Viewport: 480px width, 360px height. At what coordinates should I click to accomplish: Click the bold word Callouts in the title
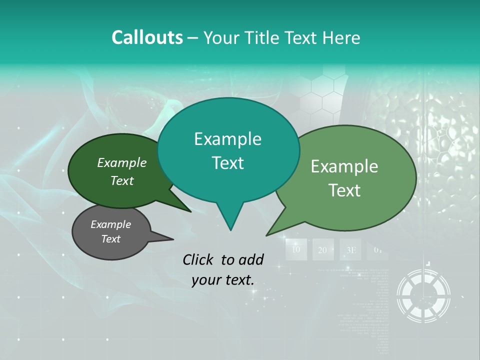pyautogui.click(x=147, y=37)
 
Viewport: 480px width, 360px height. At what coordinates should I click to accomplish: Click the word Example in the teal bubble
pyautogui.click(x=227, y=139)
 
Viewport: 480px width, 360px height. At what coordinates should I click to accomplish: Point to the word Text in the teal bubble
pyautogui.click(x=227, y=163)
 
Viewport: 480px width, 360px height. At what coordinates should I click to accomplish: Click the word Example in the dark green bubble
pyautogui.click(x=122, y=162)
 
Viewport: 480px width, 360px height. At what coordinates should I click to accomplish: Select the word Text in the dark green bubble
pyautogui.click(x=122, y=180)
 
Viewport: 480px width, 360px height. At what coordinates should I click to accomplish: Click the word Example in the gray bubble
pyautogui.click(x=111, y=224)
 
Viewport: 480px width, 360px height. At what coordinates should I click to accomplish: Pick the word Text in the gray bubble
pyautogui.click(x=111, y=239)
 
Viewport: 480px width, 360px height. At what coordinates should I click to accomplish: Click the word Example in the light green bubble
pyautogui.click(x=344, y=166)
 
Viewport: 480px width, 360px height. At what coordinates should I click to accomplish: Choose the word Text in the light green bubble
pyautogui.click(x=344, y=190)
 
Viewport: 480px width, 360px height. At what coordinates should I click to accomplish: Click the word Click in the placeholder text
pyautogui.click(x=199, y=259)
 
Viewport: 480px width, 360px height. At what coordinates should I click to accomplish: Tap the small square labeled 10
pyautogui.click(x=296, y=249)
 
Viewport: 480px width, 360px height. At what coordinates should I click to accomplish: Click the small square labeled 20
pyautogui.click(x=323, y=249)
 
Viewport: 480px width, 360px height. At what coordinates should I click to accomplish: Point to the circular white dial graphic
pyautogui.click(x=423, y=296)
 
